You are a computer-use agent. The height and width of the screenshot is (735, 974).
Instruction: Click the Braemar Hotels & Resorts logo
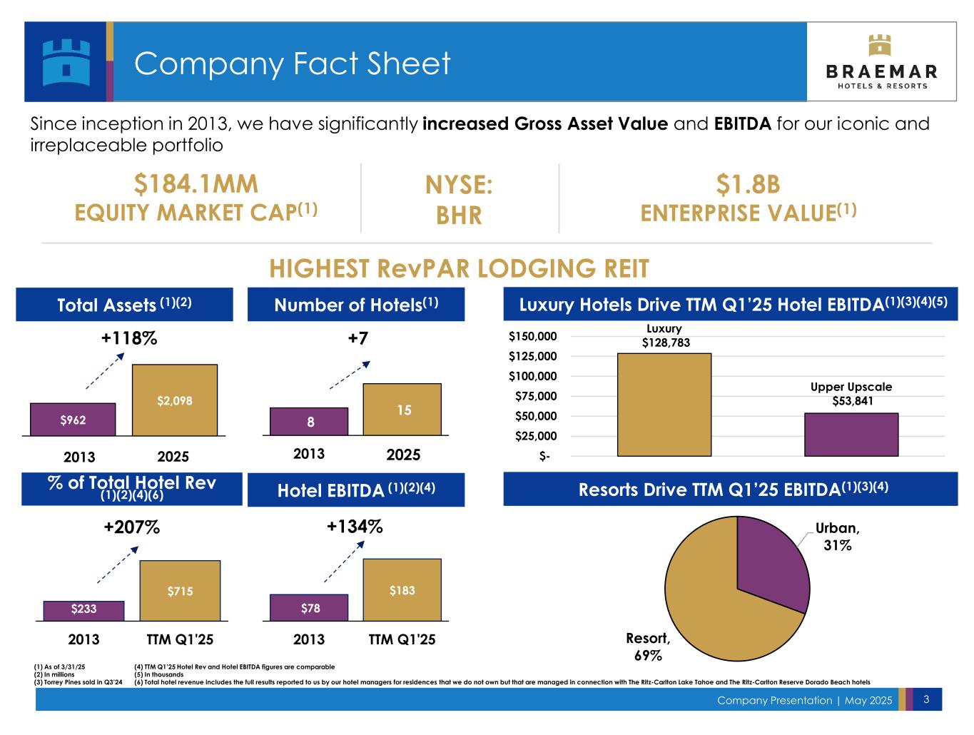coord(881,62)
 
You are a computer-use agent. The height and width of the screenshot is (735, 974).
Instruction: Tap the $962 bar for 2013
coord(73,420)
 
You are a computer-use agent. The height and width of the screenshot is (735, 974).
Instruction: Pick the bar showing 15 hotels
coord(402,410)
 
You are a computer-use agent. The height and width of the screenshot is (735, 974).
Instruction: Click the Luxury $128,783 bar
coord(664,405)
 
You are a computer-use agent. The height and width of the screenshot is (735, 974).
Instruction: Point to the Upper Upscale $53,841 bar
coord(851,435)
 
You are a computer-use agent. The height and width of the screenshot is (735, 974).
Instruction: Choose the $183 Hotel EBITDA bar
coord(402,590)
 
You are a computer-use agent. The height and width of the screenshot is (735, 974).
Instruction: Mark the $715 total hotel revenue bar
coord(180,591)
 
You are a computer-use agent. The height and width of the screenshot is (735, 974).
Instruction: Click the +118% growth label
coord(129,339)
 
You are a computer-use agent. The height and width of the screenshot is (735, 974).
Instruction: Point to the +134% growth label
coord(355,527)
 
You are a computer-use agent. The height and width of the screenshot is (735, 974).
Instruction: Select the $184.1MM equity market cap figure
coord(196,185)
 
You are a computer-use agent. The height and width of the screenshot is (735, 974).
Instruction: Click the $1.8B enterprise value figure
coord(748,185)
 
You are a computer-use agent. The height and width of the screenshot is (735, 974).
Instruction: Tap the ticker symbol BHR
coord(460,215)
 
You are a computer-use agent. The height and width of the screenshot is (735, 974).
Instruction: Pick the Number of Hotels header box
coord(356,305)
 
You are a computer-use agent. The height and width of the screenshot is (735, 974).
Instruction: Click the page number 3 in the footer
coord(926,699)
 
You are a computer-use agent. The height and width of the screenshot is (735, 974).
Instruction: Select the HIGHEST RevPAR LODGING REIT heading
coord(460,269)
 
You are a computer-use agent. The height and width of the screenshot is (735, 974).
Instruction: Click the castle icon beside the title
coord(66,61)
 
